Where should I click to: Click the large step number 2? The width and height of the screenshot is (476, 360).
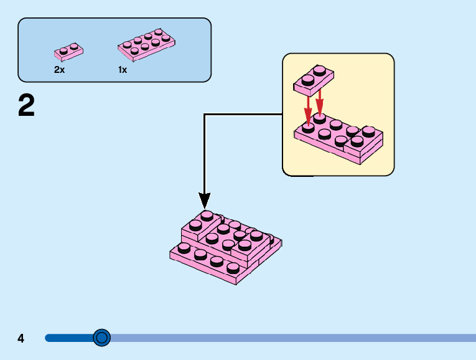[26, 107]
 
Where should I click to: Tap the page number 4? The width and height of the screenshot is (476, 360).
[21, 338]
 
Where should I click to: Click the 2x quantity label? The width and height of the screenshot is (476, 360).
[59, 70]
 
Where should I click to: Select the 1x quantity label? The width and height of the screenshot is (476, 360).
[123, 70]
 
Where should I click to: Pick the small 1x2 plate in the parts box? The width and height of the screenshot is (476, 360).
[68, 50]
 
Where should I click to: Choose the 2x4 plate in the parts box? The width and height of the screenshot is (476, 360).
[146, 43]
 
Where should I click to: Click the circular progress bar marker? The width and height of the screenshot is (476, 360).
[101, 338]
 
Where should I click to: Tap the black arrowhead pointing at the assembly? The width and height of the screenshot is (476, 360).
[205, 201]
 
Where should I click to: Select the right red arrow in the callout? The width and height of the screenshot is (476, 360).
[320, 103]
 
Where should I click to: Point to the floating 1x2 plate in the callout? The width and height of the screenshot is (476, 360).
[314, 79]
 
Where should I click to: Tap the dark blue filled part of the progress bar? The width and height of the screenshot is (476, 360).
[68, 338]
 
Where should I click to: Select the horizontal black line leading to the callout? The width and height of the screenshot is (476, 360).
[243, 114]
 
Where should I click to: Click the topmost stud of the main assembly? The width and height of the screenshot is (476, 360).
[207, 216]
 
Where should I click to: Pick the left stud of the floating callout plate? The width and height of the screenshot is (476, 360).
[307, 80]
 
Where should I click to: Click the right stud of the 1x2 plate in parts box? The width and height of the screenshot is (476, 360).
[74, 46]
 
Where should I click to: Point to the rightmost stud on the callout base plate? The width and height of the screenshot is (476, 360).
[370, 131]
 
